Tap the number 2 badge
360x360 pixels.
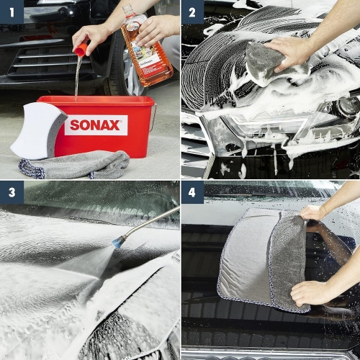point(192,12)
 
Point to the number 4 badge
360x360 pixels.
point(192,193)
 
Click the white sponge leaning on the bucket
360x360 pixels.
point(38,130)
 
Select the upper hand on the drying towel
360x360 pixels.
point(314,212)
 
